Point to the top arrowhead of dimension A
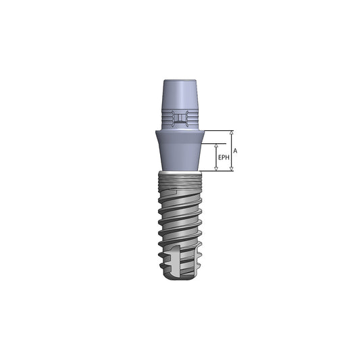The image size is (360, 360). tap(232, 132)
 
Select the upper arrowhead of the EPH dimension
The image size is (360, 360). tap(216, 145)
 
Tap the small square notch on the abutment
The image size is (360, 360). tap(179, 120)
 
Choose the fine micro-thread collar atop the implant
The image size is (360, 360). tap(179, 180)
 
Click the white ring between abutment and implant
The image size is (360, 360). tap(179, 172)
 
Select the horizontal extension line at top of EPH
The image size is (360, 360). tap(209, 143)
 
